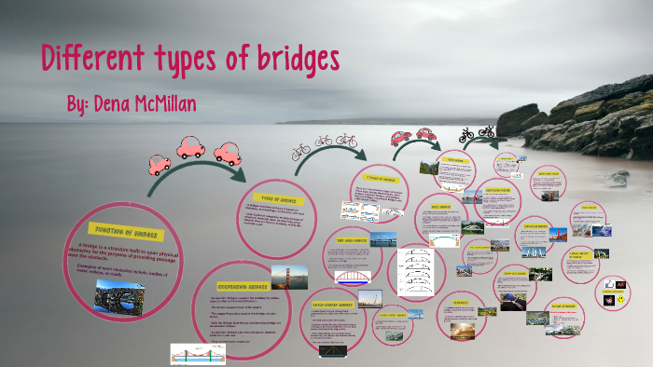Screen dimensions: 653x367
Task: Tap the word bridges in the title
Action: (x=290, y=60)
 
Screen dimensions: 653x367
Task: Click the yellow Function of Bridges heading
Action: (x=125, y=230)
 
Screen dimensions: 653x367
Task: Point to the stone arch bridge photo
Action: (x=118, y=295)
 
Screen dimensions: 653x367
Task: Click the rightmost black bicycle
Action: (x=486, y=131)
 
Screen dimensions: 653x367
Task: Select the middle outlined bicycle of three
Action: (x=324, y=142)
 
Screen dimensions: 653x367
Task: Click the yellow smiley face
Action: (x=617, y=300)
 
